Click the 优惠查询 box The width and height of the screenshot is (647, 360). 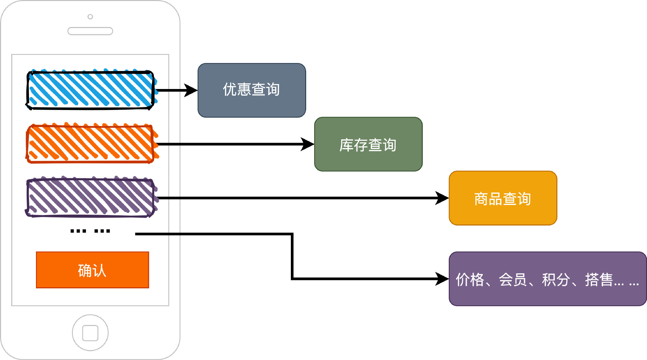252,90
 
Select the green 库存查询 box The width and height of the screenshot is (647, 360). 368,144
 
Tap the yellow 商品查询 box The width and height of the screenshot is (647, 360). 503,198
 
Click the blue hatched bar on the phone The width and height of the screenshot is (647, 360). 90,90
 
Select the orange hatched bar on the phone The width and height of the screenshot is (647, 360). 90,144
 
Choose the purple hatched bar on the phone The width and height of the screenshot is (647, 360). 90,198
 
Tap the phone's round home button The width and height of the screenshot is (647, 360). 90,333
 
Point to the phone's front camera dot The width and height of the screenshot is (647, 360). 90,17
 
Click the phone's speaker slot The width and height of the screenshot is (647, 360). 90,31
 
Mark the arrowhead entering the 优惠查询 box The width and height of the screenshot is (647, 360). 192,90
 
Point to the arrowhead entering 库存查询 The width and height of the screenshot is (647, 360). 308,144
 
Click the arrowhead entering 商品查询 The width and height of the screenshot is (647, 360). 442,198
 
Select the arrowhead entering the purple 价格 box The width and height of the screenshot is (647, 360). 442,279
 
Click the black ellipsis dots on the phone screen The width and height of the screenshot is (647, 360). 90,231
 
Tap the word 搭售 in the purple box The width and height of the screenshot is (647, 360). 599,280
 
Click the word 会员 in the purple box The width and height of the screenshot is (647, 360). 513,280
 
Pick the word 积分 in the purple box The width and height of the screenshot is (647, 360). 556,280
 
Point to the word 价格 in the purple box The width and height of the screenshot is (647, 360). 470,280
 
